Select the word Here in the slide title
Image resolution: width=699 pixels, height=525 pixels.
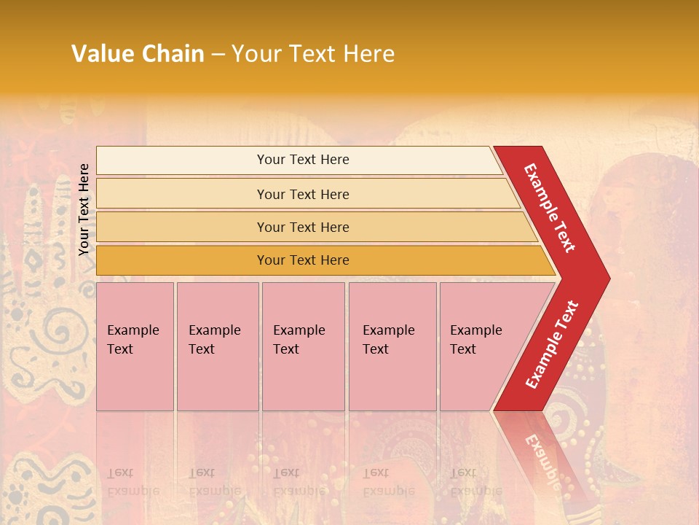[x=368, y=54]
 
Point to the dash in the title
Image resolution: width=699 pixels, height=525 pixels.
[x=218, y=55]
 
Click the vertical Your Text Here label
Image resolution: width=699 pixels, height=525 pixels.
[x=84, y=209]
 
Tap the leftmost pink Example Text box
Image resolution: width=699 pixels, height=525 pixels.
[x=135, y=346]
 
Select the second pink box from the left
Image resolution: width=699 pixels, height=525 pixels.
[x=218, y=346]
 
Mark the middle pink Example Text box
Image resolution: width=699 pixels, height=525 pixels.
[x=303, y=346]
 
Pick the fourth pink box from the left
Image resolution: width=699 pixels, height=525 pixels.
[x=392, y=346]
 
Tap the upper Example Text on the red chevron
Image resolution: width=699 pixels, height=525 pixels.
[x=550, y=207]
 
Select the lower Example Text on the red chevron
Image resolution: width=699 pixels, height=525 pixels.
[x=552, y=344]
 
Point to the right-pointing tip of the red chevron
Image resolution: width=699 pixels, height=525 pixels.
[x=606, y=279]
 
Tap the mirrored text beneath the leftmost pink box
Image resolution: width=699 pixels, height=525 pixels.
[x=133, y=481]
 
